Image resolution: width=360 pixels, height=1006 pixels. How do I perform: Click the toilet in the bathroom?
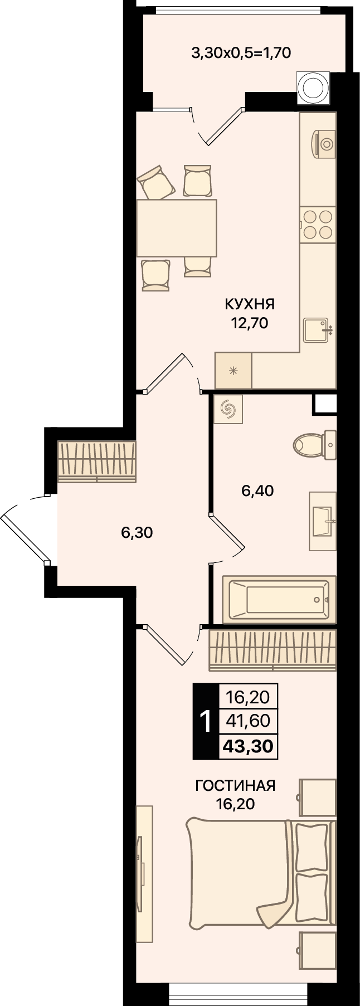point(315,445)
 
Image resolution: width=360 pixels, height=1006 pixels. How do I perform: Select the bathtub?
point(279,599)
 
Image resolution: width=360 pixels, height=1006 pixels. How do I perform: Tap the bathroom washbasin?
point(323,521)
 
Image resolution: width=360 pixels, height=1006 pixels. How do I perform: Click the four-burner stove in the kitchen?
point(318,224)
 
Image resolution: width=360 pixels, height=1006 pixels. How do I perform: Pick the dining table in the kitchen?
point(177,228)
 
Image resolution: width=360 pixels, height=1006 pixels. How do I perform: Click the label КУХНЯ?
point(250,304)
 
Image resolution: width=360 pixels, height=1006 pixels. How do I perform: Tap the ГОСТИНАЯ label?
point(235,786)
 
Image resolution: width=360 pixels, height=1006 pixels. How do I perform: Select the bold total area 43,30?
point(248,746)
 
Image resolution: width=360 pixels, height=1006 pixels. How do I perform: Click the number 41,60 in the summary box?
point(248,721)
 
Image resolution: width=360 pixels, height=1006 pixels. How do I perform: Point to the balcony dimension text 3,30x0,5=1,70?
point(241,53)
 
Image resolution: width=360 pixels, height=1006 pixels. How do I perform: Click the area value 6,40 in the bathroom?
point(257,491)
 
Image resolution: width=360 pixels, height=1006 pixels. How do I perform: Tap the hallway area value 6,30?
point(137,533)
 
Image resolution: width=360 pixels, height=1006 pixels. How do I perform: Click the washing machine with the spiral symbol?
point(228,410)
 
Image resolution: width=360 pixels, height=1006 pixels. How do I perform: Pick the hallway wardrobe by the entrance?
point(97,462)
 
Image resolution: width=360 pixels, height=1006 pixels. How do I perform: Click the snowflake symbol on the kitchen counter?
point(234,371)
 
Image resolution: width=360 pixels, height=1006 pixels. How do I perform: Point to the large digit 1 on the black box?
point(206,722)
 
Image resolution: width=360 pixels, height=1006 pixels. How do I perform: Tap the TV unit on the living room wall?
point(144,874)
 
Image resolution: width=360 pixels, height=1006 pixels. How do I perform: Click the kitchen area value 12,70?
point(250,323)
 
